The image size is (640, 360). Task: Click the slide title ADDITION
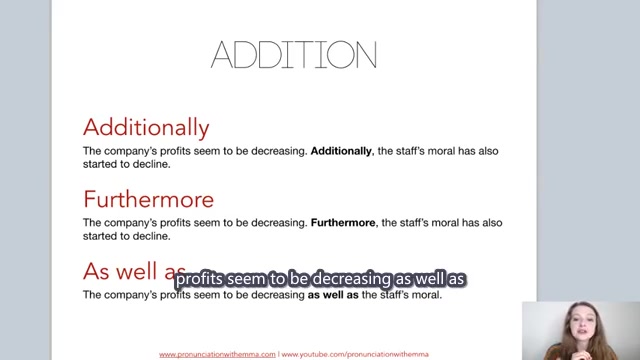pos(294,55)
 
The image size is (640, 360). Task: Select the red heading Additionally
pos(146,127)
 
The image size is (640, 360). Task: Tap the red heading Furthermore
pos(148,199)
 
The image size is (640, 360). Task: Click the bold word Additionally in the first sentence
pos(342,151)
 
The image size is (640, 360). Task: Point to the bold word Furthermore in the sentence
pos(343,223)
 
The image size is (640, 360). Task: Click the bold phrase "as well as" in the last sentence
pos(333,295)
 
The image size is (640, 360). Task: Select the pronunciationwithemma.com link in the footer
pos(217,354)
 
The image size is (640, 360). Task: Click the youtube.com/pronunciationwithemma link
pos(355,354)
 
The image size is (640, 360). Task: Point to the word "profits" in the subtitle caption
pos(199,279)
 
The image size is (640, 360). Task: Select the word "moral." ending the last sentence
pos(424,295)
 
